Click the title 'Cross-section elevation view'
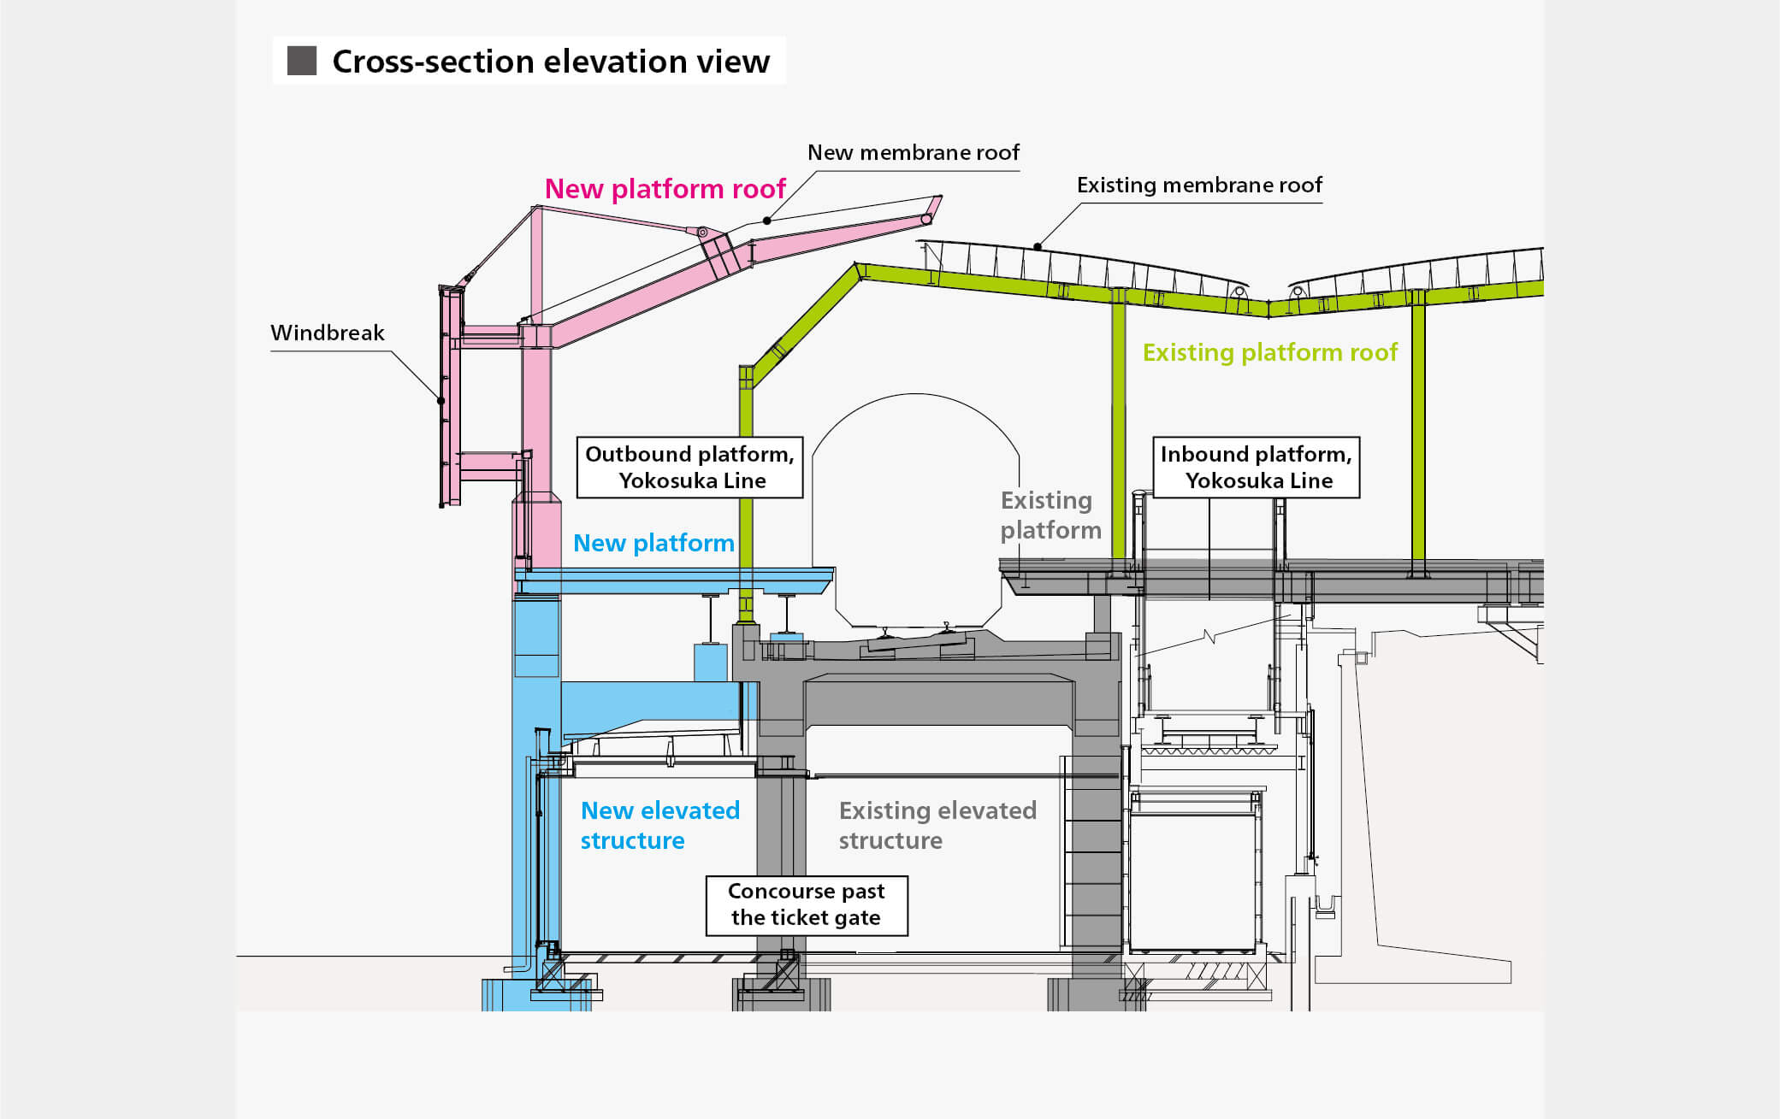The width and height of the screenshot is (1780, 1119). click(550, 62)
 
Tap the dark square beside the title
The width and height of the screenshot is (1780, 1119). click(302, 62)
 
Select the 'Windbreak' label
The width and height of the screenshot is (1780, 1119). click(327, 333)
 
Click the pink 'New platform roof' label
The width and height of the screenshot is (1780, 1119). click(665, 189)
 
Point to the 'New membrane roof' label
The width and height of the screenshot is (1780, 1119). click(913, 152)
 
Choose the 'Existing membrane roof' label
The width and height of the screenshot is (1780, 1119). click(1198, 185)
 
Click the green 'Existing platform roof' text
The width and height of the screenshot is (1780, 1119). click(1269, 352)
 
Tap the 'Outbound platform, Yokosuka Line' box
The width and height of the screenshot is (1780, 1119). click(689, 467)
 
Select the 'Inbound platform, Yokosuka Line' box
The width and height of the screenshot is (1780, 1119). click(1256, 467)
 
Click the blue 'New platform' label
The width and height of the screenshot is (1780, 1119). click(653, 543)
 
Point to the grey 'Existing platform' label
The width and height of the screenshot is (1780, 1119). click(1050, 515)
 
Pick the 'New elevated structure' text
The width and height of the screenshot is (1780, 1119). click(659, 825)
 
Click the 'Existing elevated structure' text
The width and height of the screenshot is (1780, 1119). click(937, 825)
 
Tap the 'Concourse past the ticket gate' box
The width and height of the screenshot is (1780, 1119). click(806, 904)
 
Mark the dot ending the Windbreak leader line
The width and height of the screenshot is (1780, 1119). click(441, 400)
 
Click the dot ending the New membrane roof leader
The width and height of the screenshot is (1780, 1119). click(767, 221)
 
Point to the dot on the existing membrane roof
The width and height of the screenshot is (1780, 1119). click(1037, 247)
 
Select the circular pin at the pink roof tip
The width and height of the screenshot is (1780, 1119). click(925, 220)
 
